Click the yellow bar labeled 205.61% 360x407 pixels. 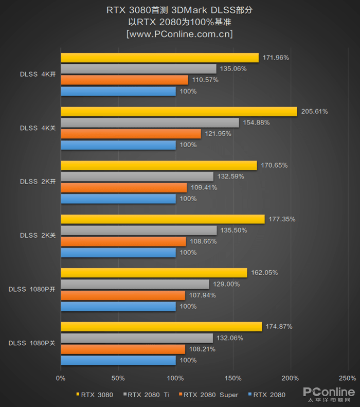click(x=179, y=112)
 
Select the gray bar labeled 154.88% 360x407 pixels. click(x=150, y=122)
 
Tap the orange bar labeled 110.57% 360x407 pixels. click(x=124, y=80)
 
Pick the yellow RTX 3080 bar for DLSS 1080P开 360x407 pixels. click(x=154, y=273)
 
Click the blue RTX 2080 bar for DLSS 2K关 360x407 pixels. click(x=118, y=253)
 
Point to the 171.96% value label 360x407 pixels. click(x=276, y=58)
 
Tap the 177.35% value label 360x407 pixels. click(x=282, y=219)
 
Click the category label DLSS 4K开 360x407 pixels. click(x=37, y=74)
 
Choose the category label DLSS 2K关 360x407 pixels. click(x=37, y=235)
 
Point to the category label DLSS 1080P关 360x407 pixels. click(x=31, y=343)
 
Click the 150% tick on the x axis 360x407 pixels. click(x=233, y=378)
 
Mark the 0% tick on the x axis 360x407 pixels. click(x=61, y=378)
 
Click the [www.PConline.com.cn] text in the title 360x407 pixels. click(x=179, y=34)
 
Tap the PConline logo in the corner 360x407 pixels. click(x=329, y=394)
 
